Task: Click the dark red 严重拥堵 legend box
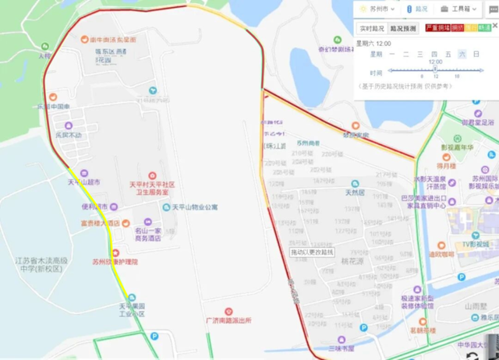tap(437, 27)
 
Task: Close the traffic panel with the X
tap(494, 26)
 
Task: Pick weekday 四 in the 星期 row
tap(434, 55)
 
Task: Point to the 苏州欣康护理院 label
tap(114, 262)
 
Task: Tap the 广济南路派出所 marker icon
tap(228, 311)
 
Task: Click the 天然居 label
tap(344, 191)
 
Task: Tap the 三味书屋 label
tap(341, 348)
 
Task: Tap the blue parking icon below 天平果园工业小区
tap(154, 337)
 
